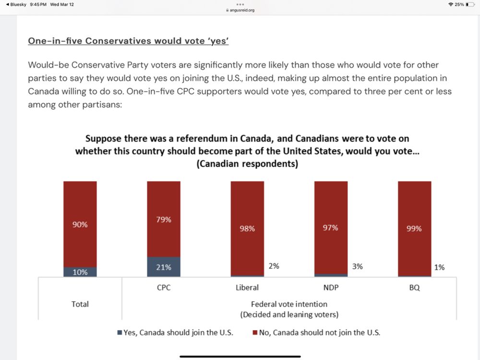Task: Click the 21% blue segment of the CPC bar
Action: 164,267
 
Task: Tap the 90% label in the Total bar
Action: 80,224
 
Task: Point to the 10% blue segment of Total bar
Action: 80,272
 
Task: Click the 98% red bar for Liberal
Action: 247,228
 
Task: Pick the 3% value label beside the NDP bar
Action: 357,266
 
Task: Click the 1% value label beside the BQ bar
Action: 439,267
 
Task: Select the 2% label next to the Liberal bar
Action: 274,265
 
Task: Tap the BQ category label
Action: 414,288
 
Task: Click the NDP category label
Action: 331,288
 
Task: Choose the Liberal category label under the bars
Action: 247,288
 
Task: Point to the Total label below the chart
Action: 80,304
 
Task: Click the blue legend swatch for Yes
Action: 120,333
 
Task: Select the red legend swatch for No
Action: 255,333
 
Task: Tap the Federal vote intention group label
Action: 289,304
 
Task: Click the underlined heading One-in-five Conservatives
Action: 128,41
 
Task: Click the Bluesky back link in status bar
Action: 15,4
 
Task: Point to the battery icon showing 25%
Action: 470,4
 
